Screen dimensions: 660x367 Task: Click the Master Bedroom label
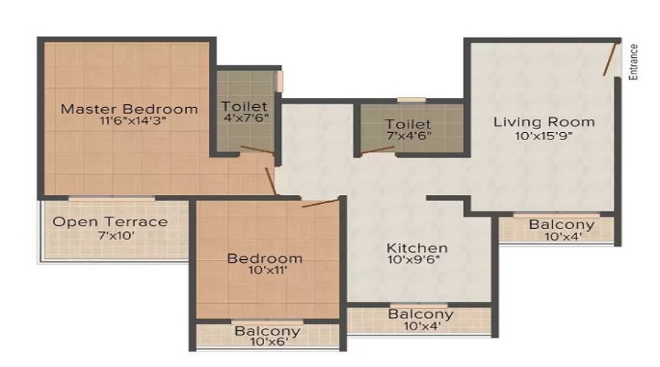point(129,109)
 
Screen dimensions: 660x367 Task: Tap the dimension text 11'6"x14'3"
point(133,121)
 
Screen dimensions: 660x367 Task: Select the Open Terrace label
point(110,222)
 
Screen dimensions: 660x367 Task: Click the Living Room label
point(544,122)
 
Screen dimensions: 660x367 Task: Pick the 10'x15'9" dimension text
point(543,136)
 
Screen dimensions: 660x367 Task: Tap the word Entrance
point(633,62)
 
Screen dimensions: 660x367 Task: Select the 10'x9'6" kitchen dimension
point(414,260)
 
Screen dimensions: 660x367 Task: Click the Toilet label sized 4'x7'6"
point(244,106)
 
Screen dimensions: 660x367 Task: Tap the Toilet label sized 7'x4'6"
point(408,124)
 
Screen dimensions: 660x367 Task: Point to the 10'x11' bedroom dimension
point(268,270)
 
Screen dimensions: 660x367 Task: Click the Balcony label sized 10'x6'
point(268,331)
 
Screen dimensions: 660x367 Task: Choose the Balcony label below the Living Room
point(562,225)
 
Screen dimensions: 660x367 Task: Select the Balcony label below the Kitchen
point(421,314)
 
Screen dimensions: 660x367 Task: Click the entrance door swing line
point(609,59)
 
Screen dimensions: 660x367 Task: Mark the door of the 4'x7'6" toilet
point(257,149)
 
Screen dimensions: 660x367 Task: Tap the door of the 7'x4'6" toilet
point(378,150)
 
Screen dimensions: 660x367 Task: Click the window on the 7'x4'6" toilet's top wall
point(411,100)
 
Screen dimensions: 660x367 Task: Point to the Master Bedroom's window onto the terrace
point(111,198)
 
